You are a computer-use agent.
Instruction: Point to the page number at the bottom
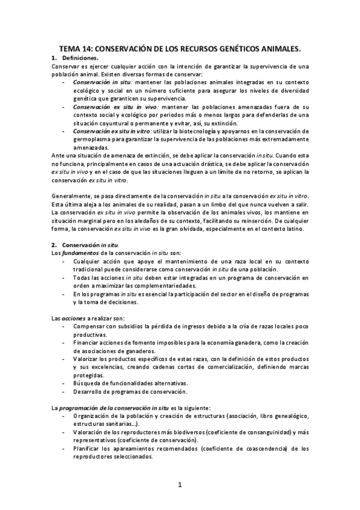pyautogui.click(x=180, y=484)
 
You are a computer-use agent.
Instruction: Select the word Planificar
pyautogui.click(x=90, y=448)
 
